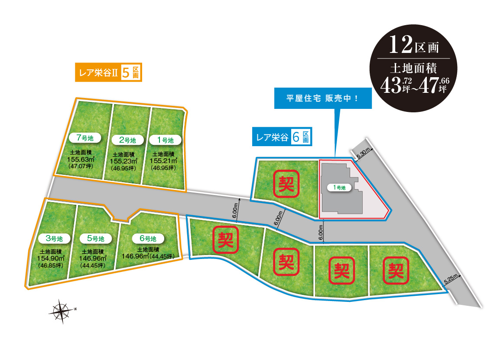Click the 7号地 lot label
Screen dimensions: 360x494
[x=85, y=138]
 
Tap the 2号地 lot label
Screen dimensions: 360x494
[x=127, y=140]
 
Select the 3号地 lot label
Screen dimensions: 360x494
[x=54, y=238]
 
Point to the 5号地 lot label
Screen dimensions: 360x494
[x=96, y=238]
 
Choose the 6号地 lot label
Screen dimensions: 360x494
[x=148, y=238]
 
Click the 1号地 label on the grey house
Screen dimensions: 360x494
[x=339, y=187]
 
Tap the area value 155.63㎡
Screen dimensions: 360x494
[x=80, y=160]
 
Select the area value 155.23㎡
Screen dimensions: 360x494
[x=123, y=161]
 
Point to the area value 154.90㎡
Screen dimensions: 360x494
[x=50, y=258]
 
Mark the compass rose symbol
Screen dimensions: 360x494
[x=62, y=311]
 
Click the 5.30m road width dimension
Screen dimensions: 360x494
[x=363, y=153]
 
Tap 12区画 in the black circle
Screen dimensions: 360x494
[x=414, y=45]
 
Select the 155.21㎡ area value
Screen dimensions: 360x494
[x=162, y=160]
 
